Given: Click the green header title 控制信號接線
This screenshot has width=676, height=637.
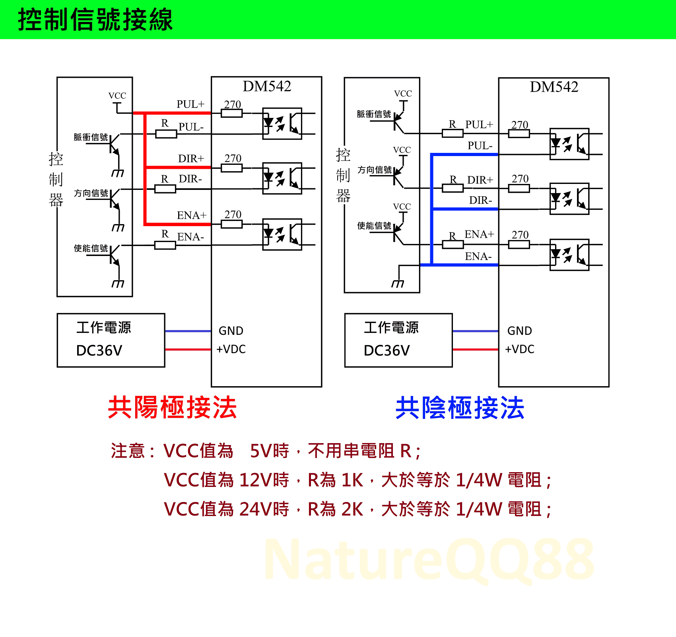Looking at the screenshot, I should coord(95,20).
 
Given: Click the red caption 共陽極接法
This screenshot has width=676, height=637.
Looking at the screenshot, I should coord(173,408).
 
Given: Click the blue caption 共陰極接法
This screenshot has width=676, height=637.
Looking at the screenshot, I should coord(460,408).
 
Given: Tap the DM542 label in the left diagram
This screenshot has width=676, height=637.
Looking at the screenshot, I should coord(267,86).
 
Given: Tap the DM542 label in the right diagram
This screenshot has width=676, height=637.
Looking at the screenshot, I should coord(554,87).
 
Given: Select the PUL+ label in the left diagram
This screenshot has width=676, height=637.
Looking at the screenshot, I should coord(190,104).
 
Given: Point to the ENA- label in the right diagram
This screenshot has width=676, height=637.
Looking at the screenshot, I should coord(478,256).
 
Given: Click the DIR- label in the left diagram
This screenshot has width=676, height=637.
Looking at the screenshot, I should coord(190,179).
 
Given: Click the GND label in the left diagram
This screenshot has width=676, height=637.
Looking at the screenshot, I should coord(231,331).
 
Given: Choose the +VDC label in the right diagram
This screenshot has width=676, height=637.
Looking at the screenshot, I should coord(519,349).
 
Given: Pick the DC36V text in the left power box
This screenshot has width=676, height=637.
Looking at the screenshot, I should coord(99,350).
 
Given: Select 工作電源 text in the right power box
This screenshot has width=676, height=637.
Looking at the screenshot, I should coord(391,328).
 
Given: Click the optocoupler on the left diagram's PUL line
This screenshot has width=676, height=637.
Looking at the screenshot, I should coord(282,123).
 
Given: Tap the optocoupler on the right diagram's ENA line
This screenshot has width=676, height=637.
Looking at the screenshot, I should coord(569,255).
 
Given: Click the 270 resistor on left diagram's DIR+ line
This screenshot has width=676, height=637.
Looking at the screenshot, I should coord(232,168).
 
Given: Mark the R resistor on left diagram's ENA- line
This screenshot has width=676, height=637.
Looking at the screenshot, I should coord(165,245).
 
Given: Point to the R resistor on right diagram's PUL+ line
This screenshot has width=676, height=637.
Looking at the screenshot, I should coord(453,133).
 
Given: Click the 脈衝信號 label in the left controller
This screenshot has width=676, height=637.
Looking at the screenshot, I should coord(91,137).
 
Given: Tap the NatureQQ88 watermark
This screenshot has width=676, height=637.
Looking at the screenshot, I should coord(429,559).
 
